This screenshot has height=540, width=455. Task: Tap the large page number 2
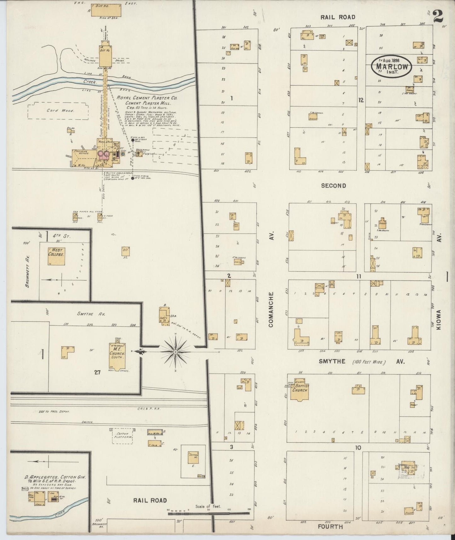[x=438, y=16]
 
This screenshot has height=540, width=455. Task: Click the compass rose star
[x=175, y=351]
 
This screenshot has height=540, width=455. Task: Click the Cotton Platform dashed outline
[x=123, y=436]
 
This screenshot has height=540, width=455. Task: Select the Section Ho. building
[x=193, y=458]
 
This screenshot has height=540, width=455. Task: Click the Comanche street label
[x=271, y=309]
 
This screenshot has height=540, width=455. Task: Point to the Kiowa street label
[x=439, y=319]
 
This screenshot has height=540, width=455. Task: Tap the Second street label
[x=333, y=186]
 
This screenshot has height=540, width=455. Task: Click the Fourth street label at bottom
[x=330, y=526]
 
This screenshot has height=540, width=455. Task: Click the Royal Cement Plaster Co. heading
[x=147, y=98]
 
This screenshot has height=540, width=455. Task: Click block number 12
[x=361, y=100]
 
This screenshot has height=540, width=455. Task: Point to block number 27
[x=97, y=372]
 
